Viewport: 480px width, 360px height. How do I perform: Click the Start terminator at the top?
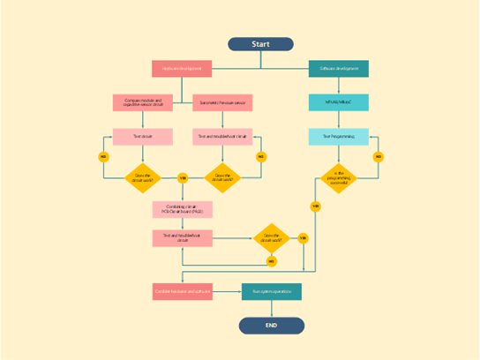[260, 43]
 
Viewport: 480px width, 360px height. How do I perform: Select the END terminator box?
[271, 326]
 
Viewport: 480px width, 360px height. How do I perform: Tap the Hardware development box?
[182, 69]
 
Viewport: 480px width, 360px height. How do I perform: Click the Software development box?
[339, 69]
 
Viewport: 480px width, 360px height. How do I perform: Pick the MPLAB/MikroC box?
[339, 102]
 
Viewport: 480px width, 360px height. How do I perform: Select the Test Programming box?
[339, 137]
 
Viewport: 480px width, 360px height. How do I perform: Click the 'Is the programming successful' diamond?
[339, 176]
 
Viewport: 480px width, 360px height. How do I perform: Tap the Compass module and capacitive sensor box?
[143, 102]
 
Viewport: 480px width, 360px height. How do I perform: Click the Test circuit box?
[142, 137]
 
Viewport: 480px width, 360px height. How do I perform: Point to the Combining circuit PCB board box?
[182, 210]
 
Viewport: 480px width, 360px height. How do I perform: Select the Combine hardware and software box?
[182, 291]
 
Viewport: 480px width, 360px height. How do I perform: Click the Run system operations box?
[271, 291]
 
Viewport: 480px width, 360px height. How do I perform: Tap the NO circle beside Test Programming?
[379, 157]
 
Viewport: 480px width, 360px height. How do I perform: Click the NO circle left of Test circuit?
[103, 157]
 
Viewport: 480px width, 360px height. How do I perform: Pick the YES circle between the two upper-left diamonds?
[183, 176]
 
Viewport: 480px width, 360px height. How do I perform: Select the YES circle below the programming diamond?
[315, 206]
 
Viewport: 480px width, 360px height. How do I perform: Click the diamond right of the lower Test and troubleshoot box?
[272, 238]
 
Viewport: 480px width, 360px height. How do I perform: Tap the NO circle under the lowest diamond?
[272, 261]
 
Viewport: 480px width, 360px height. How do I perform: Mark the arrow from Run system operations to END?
[271, 309]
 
